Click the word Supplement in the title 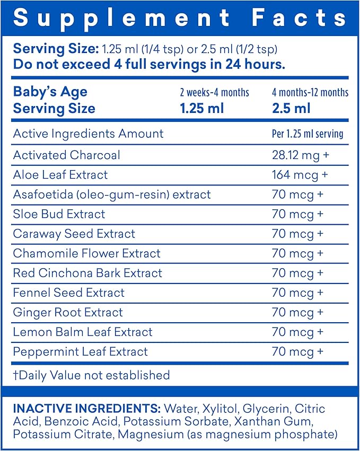click(x=121, y=19)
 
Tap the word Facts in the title click(x=298, y=17)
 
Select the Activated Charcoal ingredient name click(x=66, y=155)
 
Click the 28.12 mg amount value click(x=301, y=155)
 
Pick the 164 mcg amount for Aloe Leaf click(x=300, y=175)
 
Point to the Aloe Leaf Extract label click(x=60, y=174)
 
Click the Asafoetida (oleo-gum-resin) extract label click(x=112, y=194)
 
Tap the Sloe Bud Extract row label click(x=59, y=214)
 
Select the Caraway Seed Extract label click(x=74, y=234)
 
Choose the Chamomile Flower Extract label click(x=86, y=253)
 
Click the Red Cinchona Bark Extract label click(x=87, y=273)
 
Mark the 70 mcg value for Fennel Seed click(x=297, y=293)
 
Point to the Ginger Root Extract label click(x=68, y=312)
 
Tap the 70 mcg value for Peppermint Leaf click(x=297, y=352)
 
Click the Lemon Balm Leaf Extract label click(x=83, y=332)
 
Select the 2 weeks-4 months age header click(x=215, y=92)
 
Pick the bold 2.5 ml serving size click(x=291, y=109)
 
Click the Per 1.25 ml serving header click(x=308, y=134)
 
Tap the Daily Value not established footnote click(x=91, y=375)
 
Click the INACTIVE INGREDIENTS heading click(x=86, y=409)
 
